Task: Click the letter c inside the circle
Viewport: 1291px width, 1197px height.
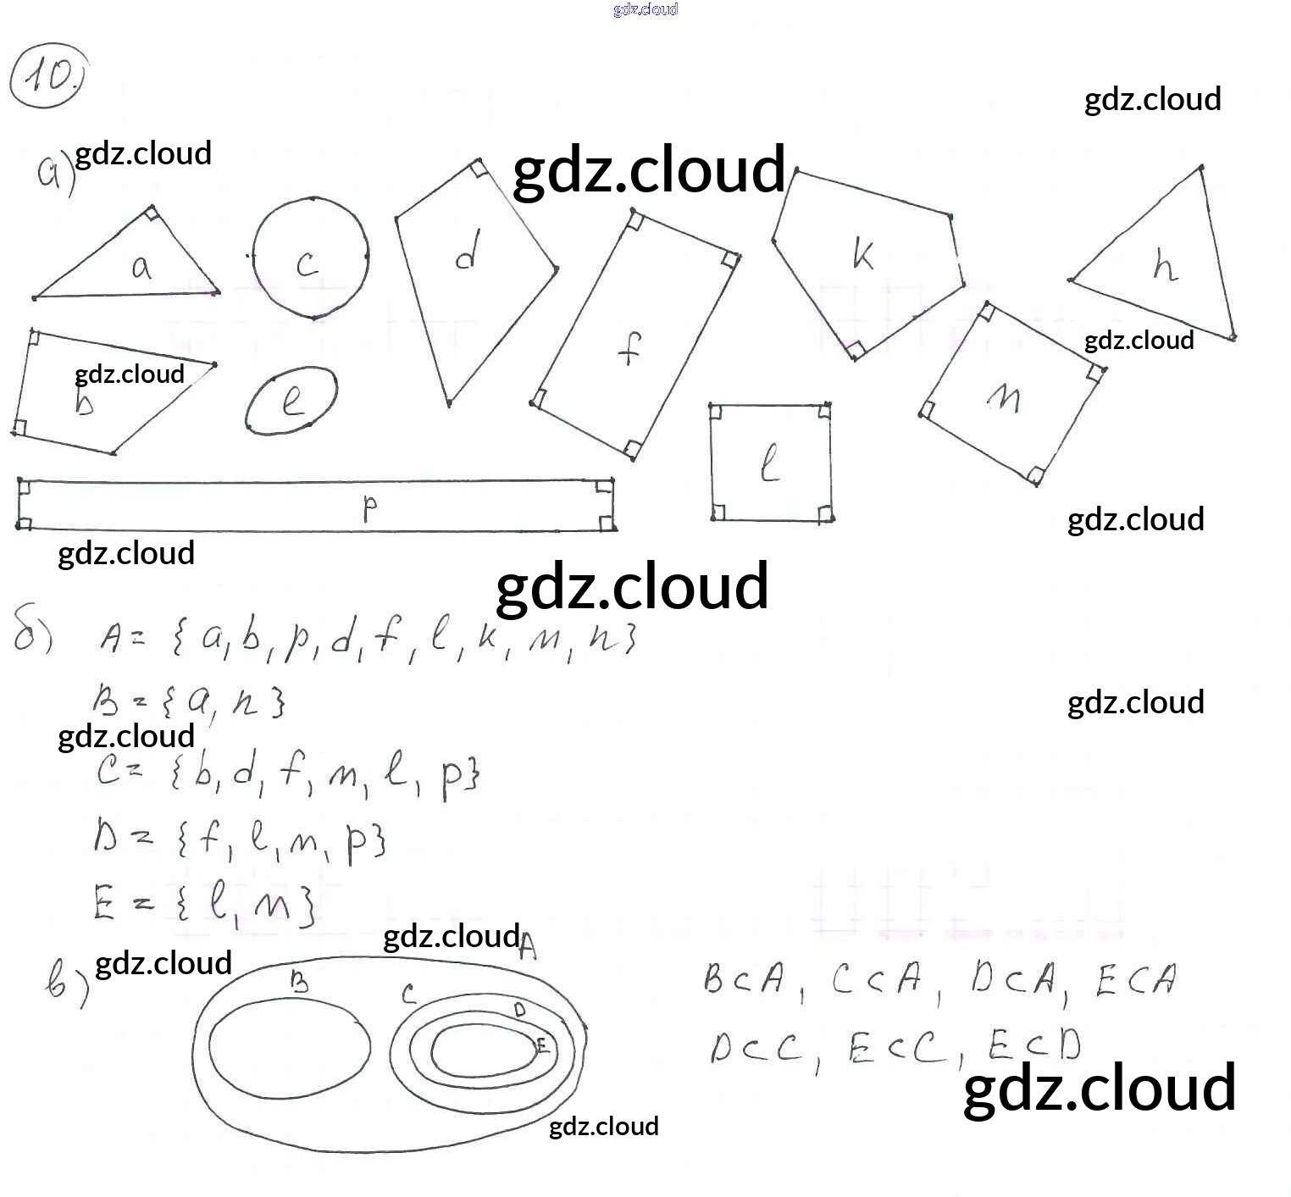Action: coord(308,263)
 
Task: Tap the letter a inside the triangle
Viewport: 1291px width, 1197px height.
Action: coord(141,268)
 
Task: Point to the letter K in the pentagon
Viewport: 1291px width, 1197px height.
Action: coord(863,253)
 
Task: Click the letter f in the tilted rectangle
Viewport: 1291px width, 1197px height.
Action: coord(629,347)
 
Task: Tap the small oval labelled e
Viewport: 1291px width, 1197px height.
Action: coord(291,400)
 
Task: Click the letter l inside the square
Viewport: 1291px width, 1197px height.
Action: coord(769,464)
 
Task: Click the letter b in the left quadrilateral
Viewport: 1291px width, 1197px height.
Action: coord(84,402)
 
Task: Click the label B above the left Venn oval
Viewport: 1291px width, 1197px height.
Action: coord(299,981)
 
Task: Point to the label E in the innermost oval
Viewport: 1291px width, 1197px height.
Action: coord(542,1045)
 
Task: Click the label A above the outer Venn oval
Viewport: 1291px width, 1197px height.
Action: coord(527,945)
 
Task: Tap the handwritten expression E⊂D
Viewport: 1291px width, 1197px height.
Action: coord(1034,1045)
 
